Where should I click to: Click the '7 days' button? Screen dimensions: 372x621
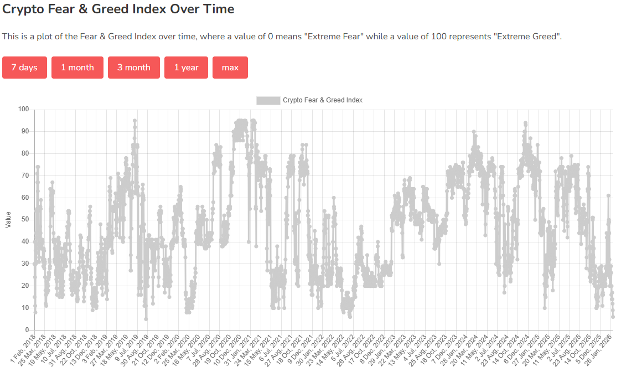pos(24,68)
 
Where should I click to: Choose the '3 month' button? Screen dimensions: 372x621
pos(133,68)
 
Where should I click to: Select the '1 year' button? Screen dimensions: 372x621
pos(186,68)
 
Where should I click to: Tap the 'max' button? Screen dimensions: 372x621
pos(230,68)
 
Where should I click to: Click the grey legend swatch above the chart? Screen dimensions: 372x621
pos(268,100)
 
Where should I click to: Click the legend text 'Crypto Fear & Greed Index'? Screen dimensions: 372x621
pos(322,100)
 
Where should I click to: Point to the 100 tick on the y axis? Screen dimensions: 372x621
pos(23,109)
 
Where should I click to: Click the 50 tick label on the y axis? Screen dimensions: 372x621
pos(24,220)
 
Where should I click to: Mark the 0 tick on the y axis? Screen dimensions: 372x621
pos(27,330)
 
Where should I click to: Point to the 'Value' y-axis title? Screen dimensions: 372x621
pos(8,220)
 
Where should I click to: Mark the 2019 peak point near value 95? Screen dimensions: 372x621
pos(134,120)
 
